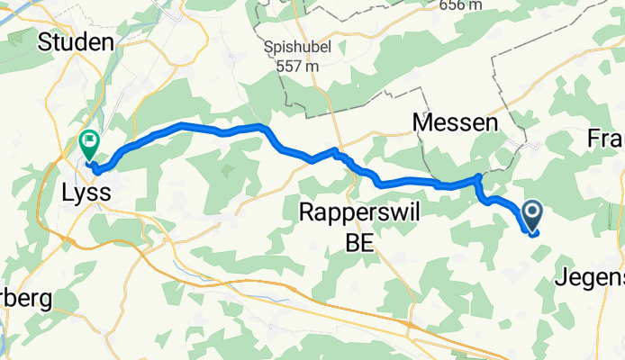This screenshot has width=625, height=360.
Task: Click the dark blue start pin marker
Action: (x=531, y=213)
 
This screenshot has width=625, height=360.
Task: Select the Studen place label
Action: (x=76, y=42)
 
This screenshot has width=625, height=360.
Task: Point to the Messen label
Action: (x=455, y=122)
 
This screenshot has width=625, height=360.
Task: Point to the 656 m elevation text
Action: (x=461, y=6)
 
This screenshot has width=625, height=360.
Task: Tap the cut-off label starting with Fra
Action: (x=606, y=139)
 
